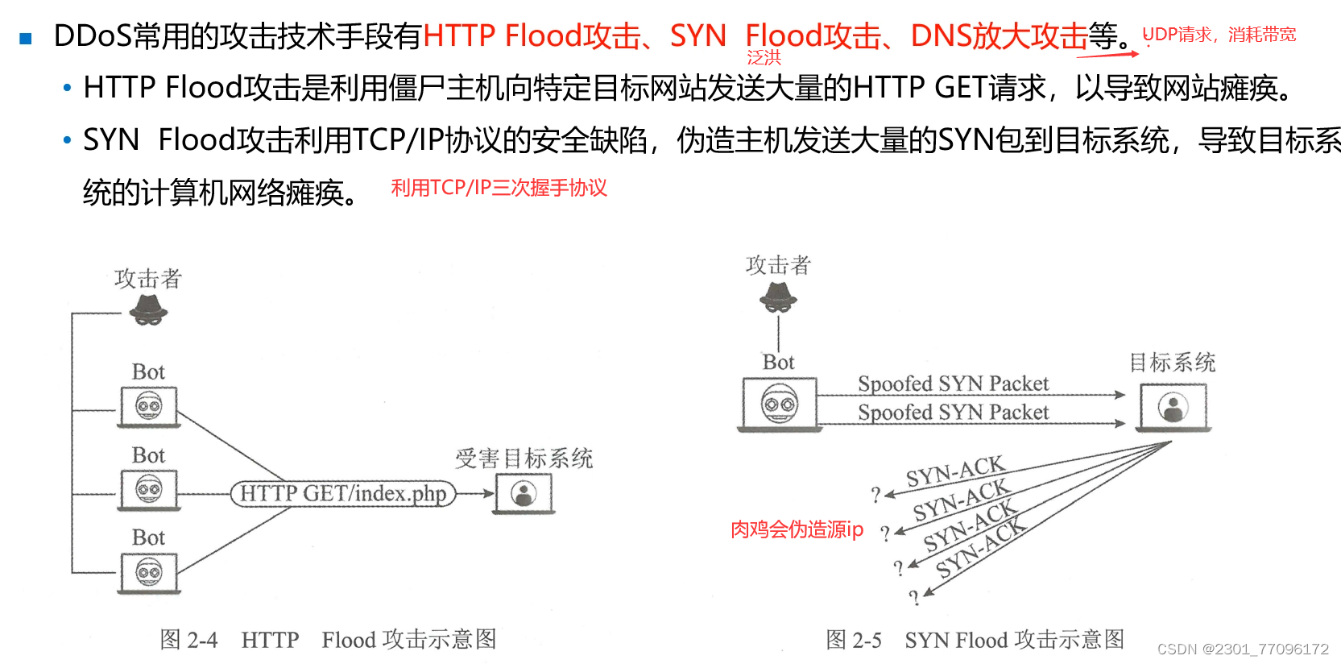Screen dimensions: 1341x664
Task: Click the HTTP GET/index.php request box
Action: coord(343,493)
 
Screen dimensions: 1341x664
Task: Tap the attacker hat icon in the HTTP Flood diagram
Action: coord(149,310)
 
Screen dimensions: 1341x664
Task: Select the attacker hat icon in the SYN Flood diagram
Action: coord(778,298)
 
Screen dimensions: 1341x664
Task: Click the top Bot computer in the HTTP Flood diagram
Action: coord(149,407)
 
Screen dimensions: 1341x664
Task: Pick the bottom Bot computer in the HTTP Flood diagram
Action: coord(149,573)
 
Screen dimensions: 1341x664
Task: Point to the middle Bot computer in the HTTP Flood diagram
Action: coord(149,490)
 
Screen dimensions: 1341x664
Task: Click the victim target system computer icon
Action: coord(524,493)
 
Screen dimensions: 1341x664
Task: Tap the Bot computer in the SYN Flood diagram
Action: coord(779,404)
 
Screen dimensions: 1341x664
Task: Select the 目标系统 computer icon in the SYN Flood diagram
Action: coord(1173,408)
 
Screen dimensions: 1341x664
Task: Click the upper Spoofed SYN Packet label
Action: coord(953,384)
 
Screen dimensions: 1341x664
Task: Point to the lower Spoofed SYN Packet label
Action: coord(953,413)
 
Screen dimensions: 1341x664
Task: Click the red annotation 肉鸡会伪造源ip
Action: coord(797,529)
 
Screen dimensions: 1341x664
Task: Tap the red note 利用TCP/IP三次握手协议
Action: coord(499,188)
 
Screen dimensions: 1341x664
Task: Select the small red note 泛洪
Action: coord(764,58)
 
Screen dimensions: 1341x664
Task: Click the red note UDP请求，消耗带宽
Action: coord(1219,35)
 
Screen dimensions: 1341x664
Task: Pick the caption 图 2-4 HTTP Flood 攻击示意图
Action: coord(328,640)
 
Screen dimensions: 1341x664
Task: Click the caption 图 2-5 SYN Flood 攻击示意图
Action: coord(975,640)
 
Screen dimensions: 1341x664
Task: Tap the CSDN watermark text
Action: coord(1243,649)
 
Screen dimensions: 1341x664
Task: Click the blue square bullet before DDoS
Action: coord(26,38)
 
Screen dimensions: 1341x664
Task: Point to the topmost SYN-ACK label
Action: coord(955,472)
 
